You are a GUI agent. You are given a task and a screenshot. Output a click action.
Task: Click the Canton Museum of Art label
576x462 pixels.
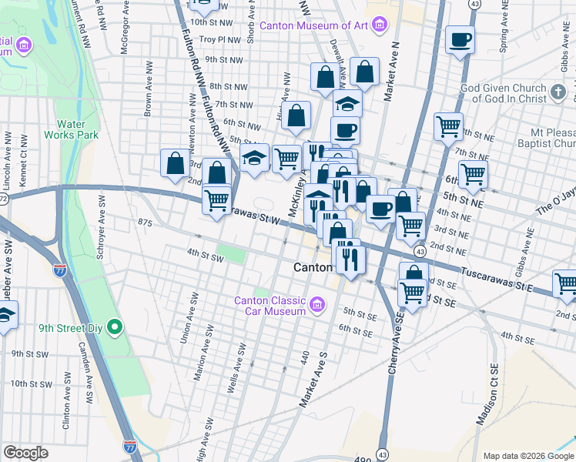click(314, 25)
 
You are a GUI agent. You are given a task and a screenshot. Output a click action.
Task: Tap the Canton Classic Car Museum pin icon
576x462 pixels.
click(316, 306)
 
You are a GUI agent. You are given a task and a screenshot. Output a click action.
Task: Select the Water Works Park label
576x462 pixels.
click(77, 129)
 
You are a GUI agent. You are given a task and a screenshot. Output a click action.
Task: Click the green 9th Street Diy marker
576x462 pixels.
click(116, 328)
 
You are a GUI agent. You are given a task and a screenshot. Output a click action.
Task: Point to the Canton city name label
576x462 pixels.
click(313, 267)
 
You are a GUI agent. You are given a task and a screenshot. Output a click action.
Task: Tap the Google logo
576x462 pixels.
click(26, 453)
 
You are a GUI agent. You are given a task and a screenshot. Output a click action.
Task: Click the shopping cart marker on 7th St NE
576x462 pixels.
click(448, 126)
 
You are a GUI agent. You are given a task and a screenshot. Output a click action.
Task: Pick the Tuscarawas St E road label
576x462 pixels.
click(497, 279)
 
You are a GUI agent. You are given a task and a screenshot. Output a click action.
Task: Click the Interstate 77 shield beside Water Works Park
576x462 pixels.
click(60, 269)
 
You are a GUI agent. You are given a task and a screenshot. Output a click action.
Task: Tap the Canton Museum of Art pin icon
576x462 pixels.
click(378, 25)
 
